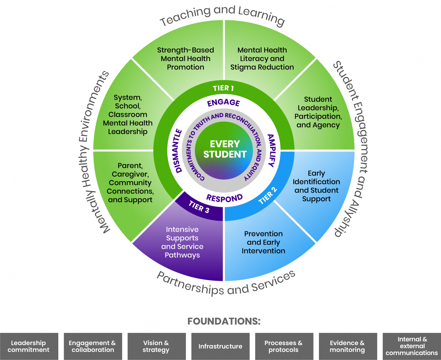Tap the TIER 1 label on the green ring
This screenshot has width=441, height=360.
coord(223,88)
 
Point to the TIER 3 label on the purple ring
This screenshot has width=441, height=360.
coord(199,207)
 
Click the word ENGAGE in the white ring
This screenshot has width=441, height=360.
coord(224,103)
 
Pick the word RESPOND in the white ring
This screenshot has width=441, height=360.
coord(225,198)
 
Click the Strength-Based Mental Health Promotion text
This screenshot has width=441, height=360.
coord(185,59)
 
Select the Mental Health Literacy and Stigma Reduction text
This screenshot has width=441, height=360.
coord(262,59)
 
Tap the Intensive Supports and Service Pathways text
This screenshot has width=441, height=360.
coord(182,242)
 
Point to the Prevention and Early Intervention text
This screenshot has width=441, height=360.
coord(263,242)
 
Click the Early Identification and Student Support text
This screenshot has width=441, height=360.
coord(316,186)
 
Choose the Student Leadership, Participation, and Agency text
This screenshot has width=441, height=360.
coord(318,112)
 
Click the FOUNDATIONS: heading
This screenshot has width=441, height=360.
coord(224,321)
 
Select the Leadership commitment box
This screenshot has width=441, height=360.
coord(29,346)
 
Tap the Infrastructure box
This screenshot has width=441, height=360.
coord(220,346)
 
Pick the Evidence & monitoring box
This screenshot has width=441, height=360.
coord(347,346)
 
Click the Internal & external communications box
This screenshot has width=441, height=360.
coord(412,346)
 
